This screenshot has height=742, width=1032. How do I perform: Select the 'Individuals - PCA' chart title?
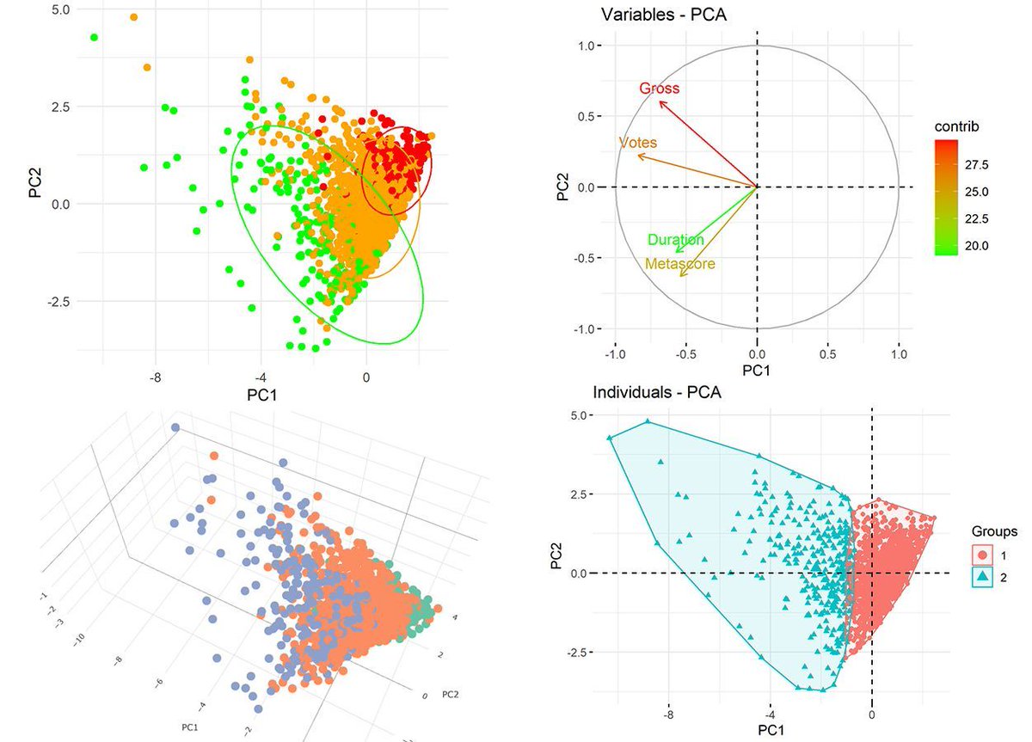click(x=656, y=394)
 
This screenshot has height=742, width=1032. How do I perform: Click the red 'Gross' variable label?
click(x=660, y=89)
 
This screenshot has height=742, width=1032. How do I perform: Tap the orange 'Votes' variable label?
click(x=637, y=142)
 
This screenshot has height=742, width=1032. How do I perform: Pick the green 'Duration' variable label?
click(x=675, y=240)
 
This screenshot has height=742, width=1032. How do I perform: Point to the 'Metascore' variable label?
click(x=679, y=264)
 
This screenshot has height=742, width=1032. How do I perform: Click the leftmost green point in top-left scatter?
click(x=94, y=37)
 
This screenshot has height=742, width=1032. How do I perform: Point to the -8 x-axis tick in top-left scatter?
click(x=155, y=376)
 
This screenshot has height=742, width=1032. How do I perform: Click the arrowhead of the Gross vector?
click(x=660, y=102)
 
